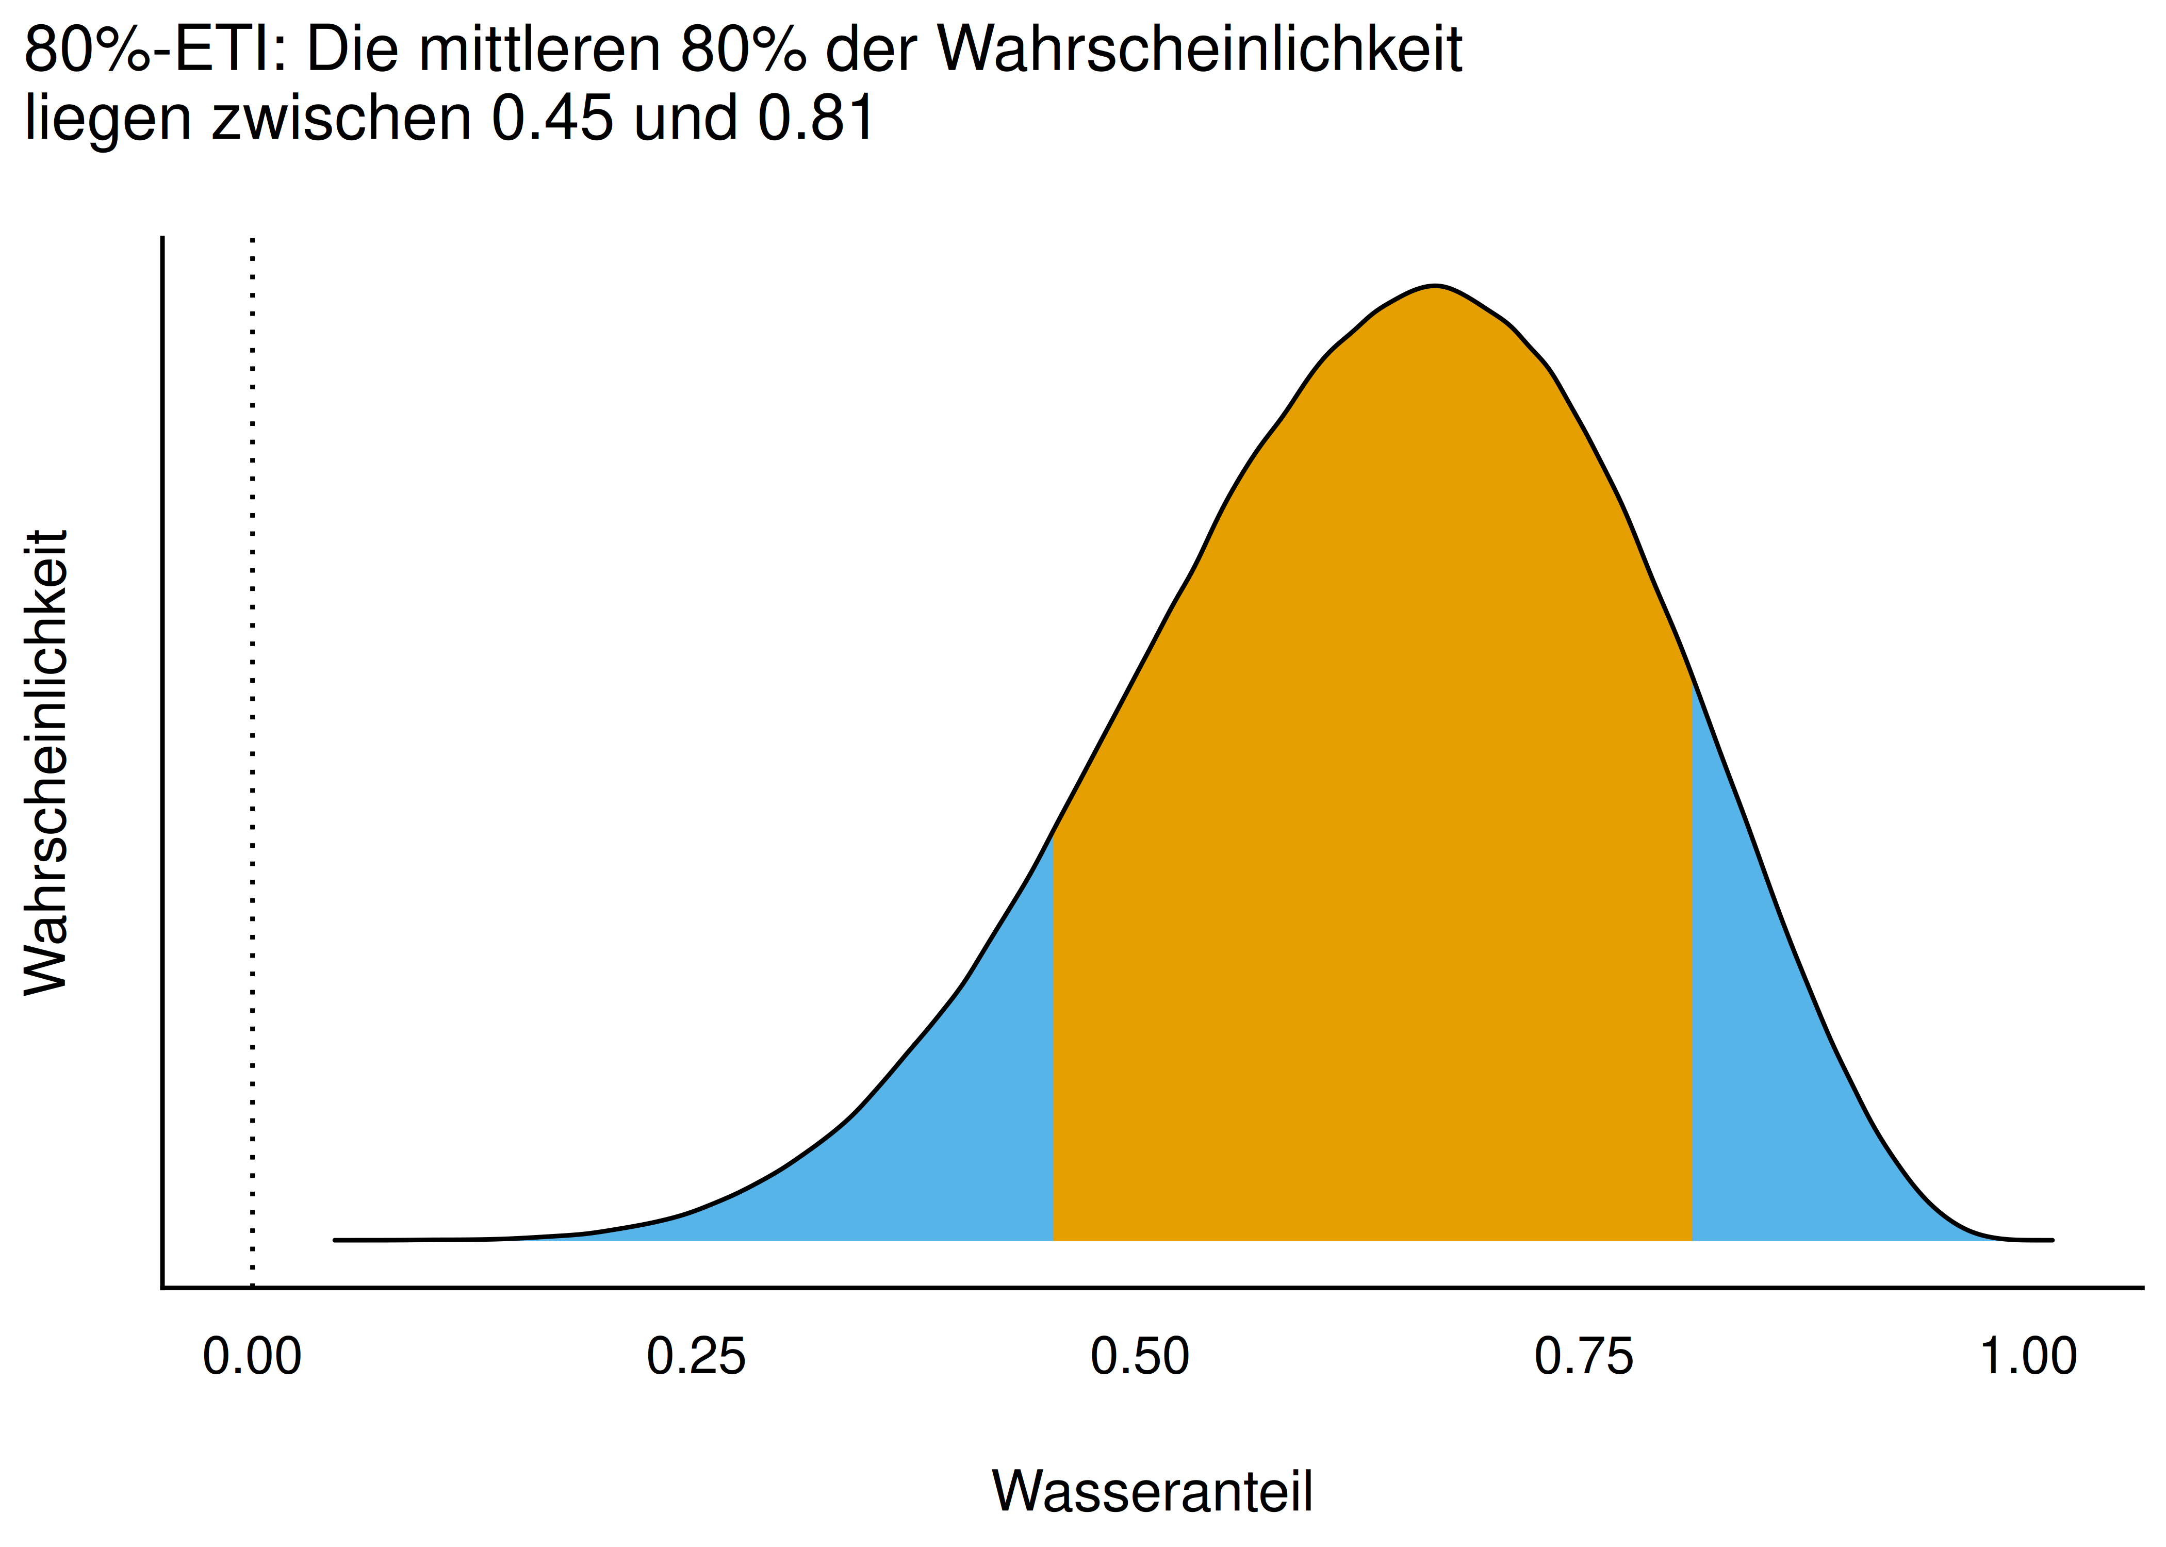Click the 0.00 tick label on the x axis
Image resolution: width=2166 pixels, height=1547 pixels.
[252, 1357]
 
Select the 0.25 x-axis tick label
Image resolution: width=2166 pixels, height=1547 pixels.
[696, 1357]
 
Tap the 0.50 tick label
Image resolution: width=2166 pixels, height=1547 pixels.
[1140, 1357]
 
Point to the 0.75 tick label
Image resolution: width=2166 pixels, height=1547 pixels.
[1584, 1357]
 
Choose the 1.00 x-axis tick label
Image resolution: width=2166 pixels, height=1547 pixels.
[2028, 1357]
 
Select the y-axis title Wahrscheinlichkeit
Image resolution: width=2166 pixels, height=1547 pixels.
[46, 762]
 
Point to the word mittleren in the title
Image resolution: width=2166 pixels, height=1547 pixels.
[539, 50]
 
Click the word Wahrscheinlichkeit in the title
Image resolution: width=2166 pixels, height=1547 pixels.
[1200, 50]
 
